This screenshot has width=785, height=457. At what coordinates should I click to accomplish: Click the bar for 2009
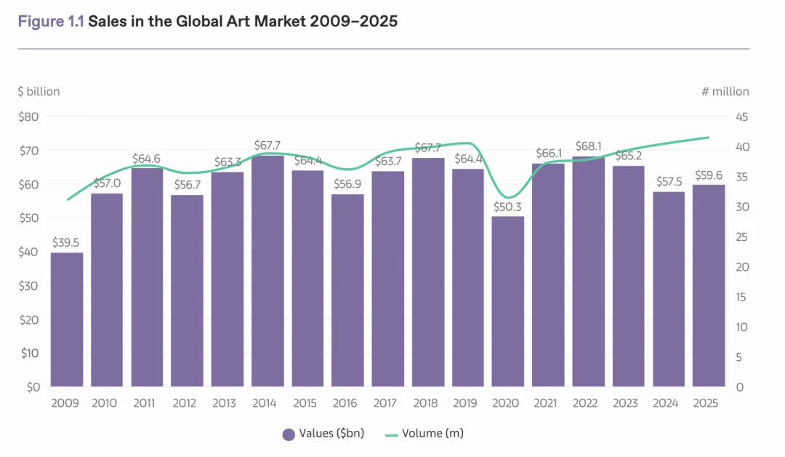tap(67, 319)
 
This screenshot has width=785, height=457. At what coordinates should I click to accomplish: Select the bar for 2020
tap(508, 301)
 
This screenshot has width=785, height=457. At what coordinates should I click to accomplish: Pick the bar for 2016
tap(347, 290)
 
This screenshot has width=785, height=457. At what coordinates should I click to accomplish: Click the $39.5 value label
tap(67, 242)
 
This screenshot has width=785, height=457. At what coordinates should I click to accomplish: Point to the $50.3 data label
tap(508, 207)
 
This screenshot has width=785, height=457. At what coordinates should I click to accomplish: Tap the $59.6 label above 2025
tap(709, 175)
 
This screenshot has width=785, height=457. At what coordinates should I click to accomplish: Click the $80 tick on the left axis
tap(29, 116)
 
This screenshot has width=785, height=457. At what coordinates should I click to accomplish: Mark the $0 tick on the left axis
tap(32, 387)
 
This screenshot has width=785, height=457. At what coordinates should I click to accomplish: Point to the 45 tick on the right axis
tap(742, 117)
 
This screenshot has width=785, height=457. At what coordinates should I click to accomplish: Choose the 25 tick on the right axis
tap(742, 237)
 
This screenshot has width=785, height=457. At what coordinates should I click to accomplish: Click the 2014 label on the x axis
tap(267, 404)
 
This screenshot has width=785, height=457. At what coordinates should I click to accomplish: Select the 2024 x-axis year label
tap(669, 404)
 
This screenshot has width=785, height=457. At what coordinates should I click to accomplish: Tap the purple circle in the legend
tap(289, 434)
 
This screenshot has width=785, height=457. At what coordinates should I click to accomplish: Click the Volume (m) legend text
tap(433, 434)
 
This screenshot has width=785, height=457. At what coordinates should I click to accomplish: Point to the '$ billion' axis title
tap(39, 92)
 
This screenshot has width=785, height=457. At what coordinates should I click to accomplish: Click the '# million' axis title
tap(725, 92)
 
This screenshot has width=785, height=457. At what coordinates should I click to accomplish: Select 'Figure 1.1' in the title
tap(51, 21)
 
